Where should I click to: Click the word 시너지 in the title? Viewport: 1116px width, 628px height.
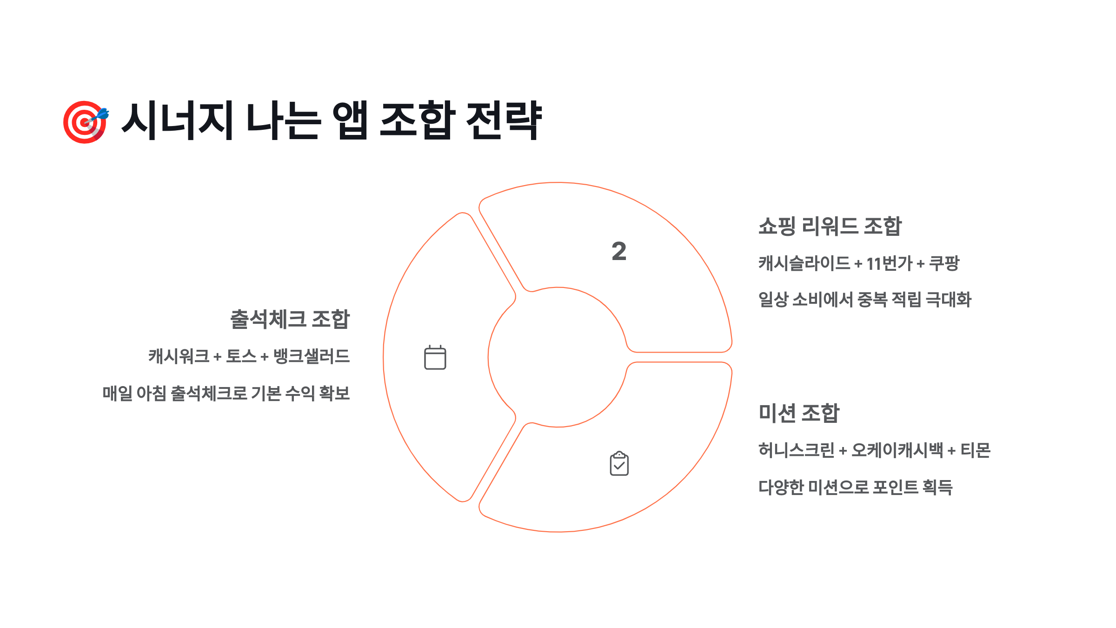point(177,121)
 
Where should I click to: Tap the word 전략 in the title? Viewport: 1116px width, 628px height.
point(504,121)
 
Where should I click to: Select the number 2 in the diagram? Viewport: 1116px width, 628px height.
point(619,252)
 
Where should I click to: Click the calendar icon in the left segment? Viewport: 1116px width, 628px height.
point(435,358)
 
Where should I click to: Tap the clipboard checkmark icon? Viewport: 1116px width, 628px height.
point(619,464)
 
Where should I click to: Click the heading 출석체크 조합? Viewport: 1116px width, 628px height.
point(290,320)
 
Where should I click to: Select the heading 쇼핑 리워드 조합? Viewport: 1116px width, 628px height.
point(830,227)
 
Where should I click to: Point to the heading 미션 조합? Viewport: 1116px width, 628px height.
point(799,413)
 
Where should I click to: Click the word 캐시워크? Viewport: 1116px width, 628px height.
point(179,356)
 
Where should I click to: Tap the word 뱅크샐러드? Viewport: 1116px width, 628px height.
point(311,356)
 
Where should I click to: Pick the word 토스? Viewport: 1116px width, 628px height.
point(241,356)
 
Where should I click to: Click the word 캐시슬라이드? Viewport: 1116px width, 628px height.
point(804,264)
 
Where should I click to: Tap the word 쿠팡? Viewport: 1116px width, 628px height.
point(944,264)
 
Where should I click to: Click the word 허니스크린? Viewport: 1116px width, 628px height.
point(796,450)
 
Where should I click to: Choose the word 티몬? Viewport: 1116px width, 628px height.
point(976,450)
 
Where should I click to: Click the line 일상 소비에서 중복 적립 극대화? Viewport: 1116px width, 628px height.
point(865,300)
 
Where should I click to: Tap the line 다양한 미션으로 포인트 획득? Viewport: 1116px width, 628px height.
point(856,488)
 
